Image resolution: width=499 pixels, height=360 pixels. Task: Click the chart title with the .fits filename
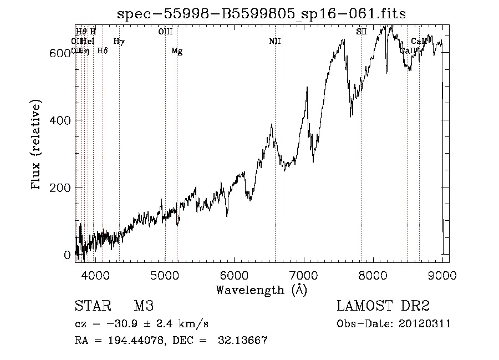click(261, 14)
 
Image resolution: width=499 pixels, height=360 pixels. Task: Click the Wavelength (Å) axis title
click(261, 290)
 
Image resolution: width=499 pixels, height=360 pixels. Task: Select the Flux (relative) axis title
click(37, 145)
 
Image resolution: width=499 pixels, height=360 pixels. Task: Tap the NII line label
click(274, 41)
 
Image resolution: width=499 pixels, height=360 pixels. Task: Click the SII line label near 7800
click(361, 32)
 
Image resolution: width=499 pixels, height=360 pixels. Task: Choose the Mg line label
click(176, 51)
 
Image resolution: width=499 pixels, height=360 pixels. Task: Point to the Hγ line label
click(119, 41)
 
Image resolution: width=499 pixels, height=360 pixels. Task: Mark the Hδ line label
click(102, 51)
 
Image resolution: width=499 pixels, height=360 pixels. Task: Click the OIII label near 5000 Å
click(165, 32)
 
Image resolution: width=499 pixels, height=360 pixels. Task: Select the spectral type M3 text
click(144, 306)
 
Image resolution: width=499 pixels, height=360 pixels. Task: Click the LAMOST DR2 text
click(383, 306)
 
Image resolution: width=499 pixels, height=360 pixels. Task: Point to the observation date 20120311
click(424, 324)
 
